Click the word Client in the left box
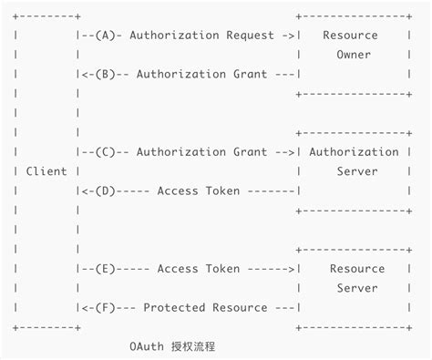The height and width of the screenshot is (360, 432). point(46,171)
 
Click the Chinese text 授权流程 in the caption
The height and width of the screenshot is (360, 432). point(197,347)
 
